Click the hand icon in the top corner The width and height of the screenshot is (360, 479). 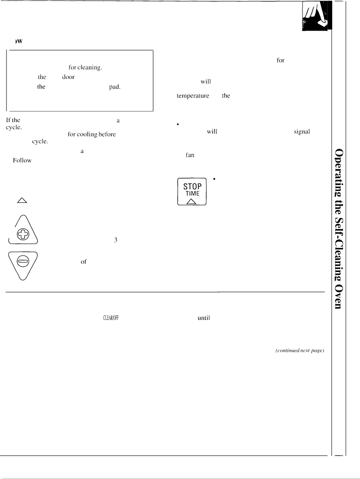(314, 16)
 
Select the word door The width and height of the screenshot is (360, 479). (68, 77)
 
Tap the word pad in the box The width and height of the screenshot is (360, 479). (115, 87)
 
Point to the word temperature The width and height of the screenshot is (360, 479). (193, 96)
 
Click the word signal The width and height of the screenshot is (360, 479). (302, 132)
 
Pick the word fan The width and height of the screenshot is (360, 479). (190, 155)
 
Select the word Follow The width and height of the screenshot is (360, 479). (22, 160)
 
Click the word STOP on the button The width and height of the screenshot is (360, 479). (192, 186)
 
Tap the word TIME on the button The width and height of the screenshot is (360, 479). (192, 193)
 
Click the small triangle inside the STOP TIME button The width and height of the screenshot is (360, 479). (192, 201)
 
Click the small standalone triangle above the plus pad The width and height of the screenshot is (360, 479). (22, 200)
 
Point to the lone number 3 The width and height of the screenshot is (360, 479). (115, 240)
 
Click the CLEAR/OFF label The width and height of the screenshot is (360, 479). (111, 318)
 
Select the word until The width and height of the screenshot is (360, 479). (204, 318)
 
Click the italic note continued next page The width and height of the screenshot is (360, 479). (299, 351)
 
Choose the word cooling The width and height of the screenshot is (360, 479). (87, 135)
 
